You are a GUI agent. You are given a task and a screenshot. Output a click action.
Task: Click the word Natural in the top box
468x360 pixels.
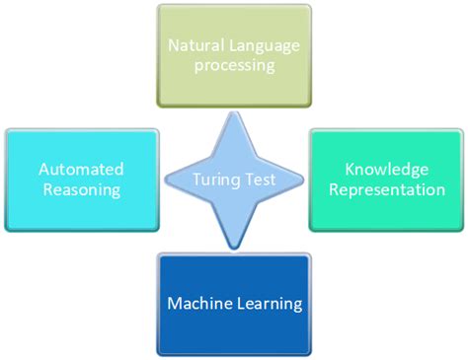(x=195, y=45)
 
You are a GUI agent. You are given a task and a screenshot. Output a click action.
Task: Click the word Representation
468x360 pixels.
(x=388, y=189)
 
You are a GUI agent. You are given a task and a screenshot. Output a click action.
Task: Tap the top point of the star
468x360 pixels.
(x=234, y=110)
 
